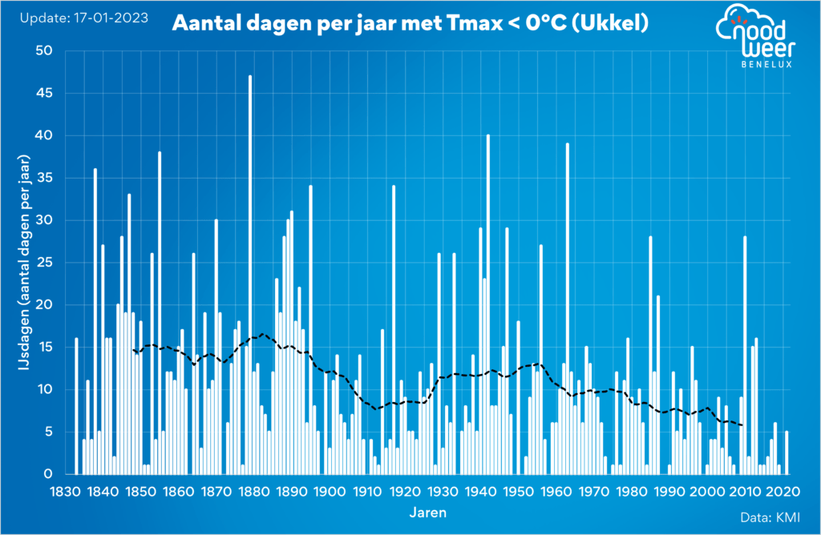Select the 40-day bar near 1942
pos(487,304)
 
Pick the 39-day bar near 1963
pos(567,308)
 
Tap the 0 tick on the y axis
pos(47,474)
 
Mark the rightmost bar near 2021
pos(787,453)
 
